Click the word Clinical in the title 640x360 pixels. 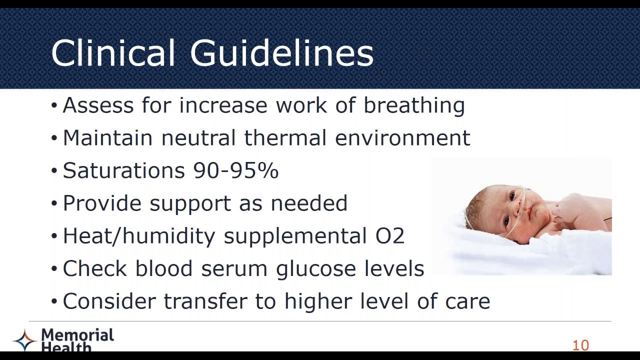(113, 52)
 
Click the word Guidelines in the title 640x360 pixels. (281, 52)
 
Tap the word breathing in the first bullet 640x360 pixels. (414, 106)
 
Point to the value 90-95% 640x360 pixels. (236, 171)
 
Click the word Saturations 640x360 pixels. (124, 171)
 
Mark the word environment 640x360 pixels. (402, 138)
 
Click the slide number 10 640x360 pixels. (580, 345)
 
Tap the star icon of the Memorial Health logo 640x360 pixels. (24, 340)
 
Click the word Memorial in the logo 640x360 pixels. (77, 334)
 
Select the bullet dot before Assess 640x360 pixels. (54, 106)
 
